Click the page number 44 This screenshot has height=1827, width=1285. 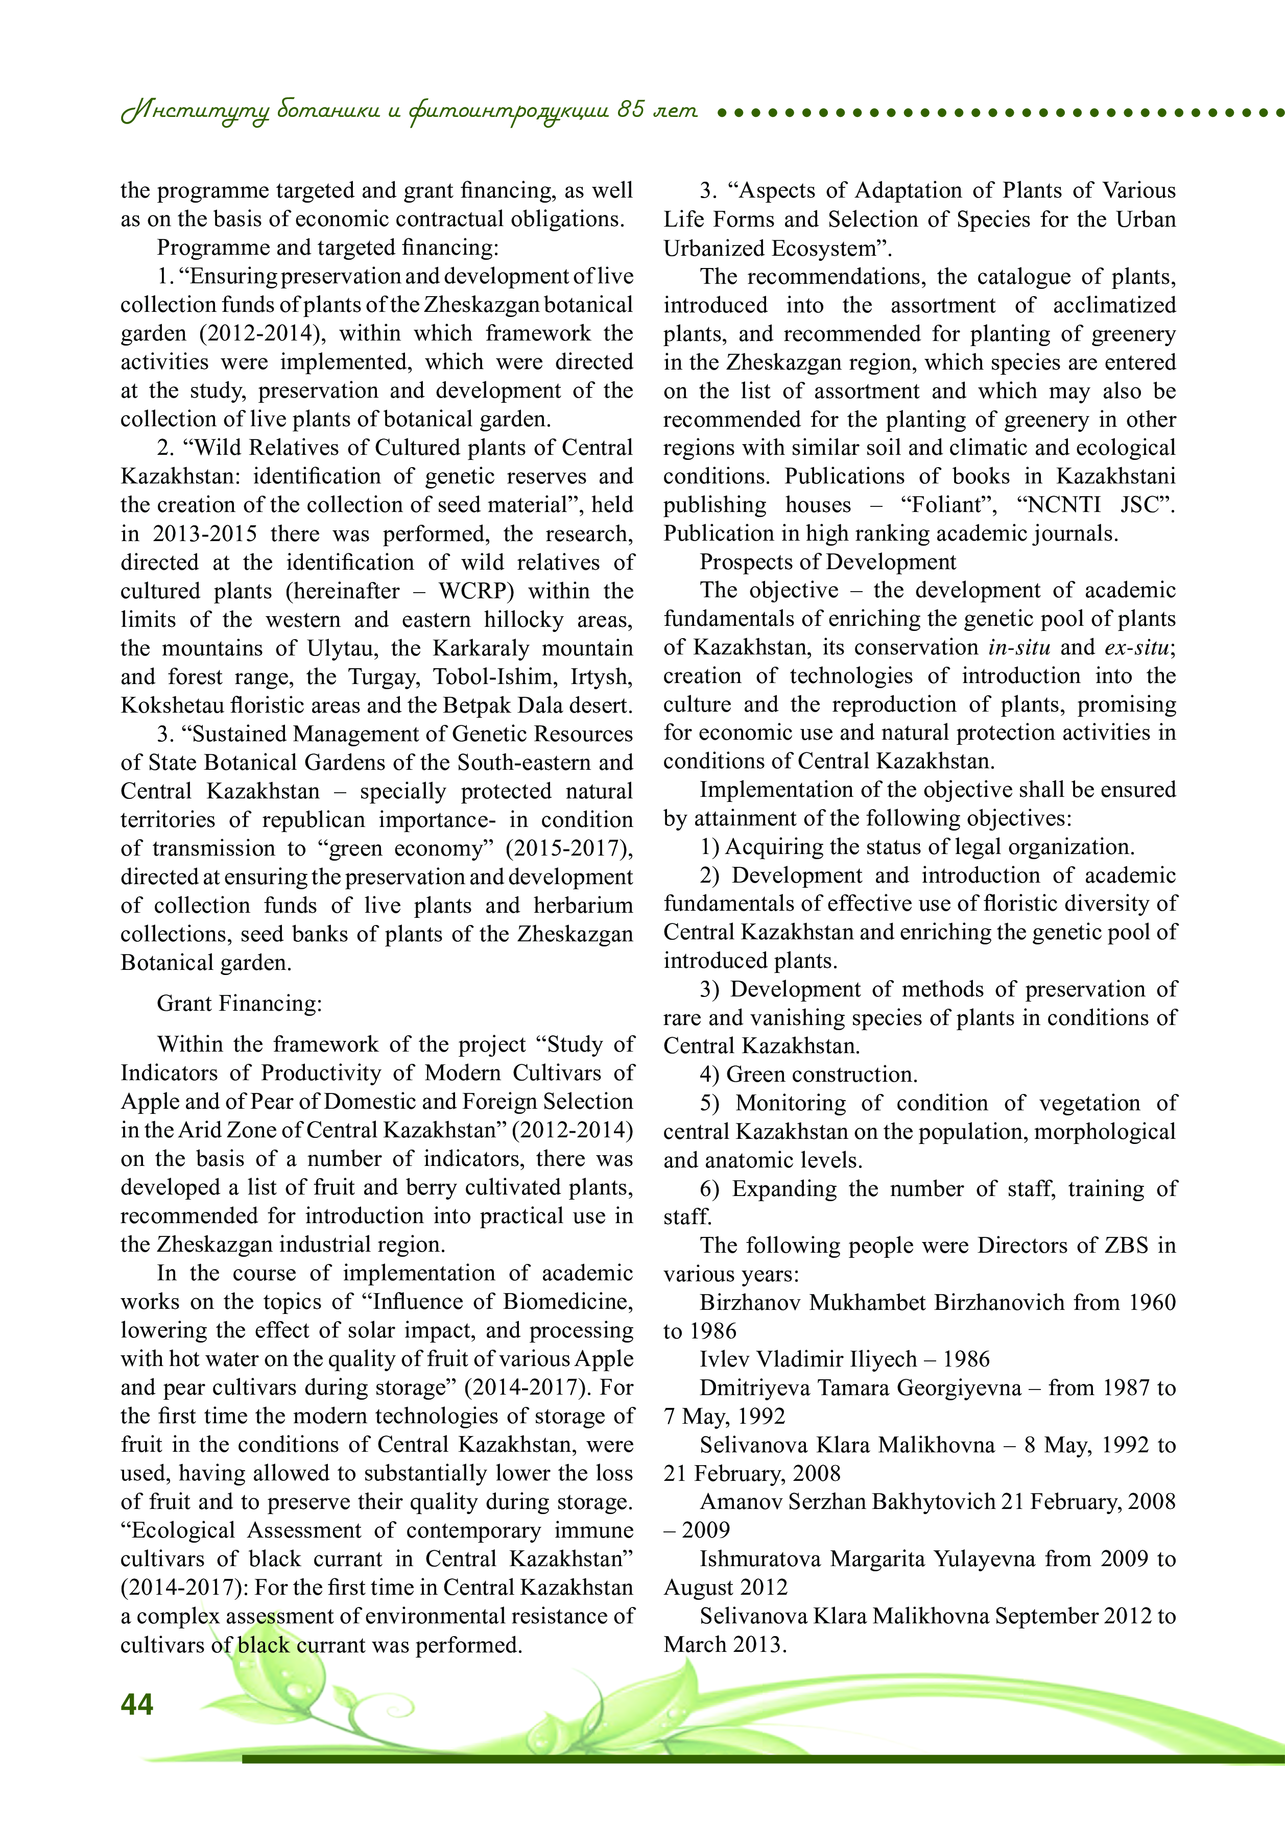[137, 1703]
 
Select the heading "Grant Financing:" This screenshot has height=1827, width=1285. [239, 1004]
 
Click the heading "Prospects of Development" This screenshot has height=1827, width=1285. [828, 562]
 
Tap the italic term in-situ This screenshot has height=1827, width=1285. [1019, 648]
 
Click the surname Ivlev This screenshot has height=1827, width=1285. [725, 1359]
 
